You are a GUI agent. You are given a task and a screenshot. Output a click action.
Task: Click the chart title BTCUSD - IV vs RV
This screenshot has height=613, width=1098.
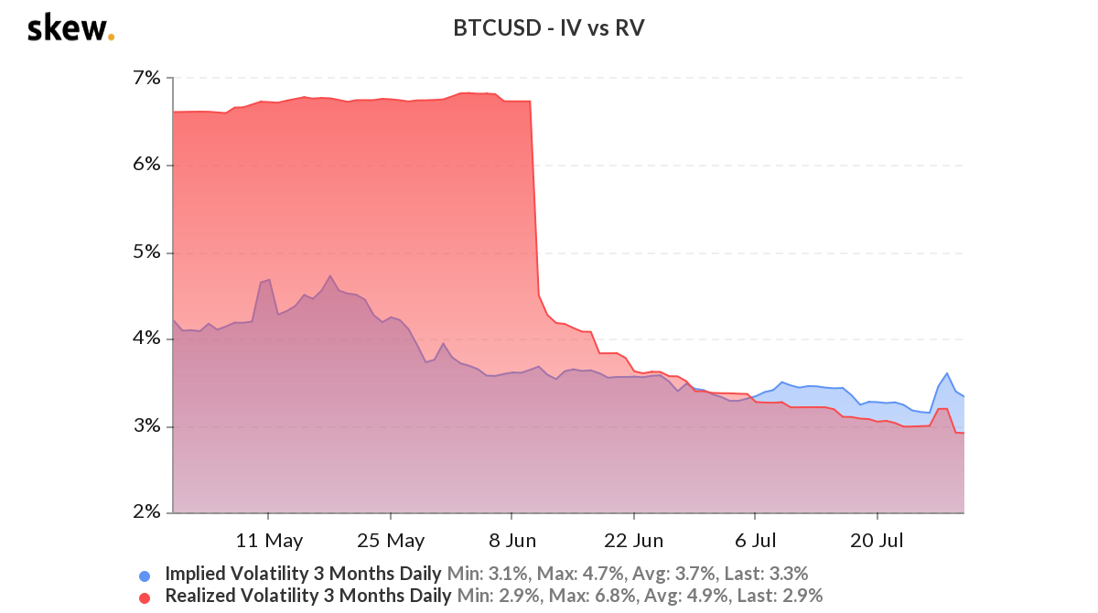pos(549,28)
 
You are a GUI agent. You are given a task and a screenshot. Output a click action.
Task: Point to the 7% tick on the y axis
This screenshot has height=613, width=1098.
pos(146,79)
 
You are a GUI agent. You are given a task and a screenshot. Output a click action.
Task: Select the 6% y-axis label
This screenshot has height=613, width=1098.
pos(146,166)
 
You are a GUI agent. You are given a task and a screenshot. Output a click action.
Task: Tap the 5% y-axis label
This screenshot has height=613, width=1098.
pos(146,253)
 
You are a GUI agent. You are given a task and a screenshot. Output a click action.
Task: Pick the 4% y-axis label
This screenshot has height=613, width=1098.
pos(146,339)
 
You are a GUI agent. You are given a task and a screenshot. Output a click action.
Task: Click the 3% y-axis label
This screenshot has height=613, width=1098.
pos(146,426)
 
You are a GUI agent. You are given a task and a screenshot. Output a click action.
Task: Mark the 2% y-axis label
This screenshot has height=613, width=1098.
pos(146,512)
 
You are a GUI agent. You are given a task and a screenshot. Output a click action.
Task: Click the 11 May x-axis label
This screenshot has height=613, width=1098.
pos(269,540)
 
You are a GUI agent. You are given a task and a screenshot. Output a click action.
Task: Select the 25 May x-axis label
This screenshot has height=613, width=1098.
pos(391,540)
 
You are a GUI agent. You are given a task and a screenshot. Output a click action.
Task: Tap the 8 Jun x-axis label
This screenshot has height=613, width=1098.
pos(512,540)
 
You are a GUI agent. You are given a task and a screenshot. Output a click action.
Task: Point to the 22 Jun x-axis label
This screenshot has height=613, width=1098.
pos(634,540)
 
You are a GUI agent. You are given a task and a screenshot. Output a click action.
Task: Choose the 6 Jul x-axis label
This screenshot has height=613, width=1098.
pos(756,540)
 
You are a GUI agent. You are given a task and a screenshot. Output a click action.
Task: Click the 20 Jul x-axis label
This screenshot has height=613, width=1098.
pos(877,540)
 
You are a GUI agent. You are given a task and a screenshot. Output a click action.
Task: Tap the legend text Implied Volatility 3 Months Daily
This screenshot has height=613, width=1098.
pos(303,575)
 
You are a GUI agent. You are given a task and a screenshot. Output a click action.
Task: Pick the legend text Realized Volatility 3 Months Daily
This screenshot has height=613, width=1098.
pos(308,596)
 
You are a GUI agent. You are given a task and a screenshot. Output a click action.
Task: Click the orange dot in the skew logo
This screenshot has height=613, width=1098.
pos(111,38)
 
